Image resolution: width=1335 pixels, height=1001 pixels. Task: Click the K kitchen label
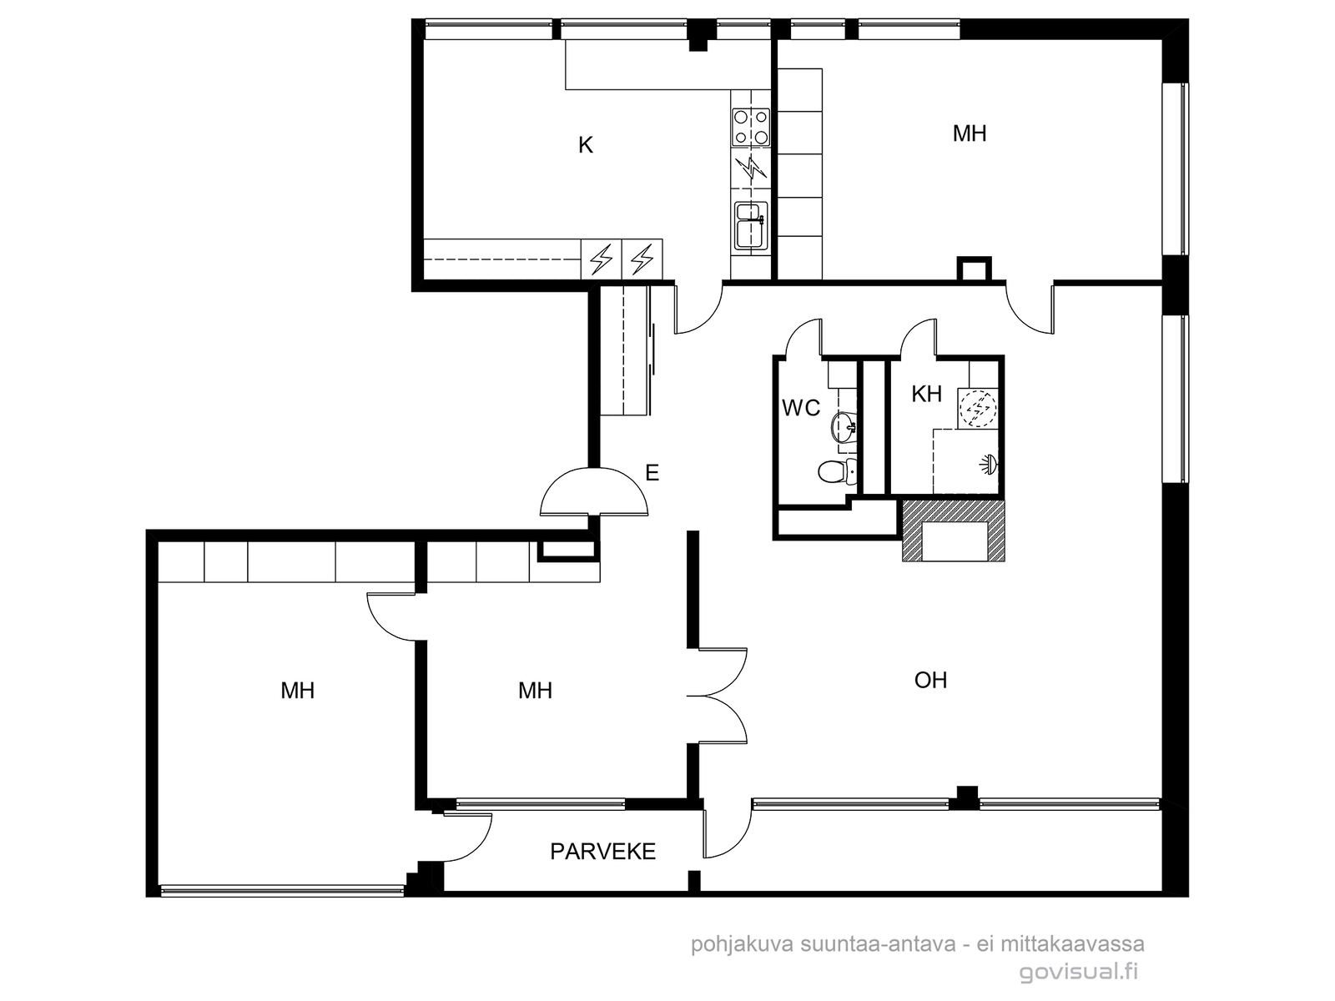585,145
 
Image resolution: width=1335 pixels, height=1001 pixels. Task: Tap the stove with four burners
750,127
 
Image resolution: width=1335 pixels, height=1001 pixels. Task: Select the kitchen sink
751,225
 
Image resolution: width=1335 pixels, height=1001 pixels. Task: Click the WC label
801,408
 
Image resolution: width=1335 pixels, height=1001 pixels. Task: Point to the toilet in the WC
837,471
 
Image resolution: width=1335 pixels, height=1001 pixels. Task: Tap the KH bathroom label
926,394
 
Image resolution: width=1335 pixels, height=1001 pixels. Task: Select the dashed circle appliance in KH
977,407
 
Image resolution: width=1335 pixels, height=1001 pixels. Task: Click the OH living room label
930,680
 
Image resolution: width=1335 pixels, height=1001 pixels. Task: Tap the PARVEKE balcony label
602,852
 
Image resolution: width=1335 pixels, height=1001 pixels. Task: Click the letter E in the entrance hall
652,472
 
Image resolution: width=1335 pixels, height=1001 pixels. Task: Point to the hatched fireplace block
953,530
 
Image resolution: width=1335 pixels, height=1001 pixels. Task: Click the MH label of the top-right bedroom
970,133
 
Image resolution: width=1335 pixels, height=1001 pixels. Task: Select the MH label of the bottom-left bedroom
297,691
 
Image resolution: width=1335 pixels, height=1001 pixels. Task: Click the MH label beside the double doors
535,691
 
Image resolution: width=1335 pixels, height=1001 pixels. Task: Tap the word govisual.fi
1078,971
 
